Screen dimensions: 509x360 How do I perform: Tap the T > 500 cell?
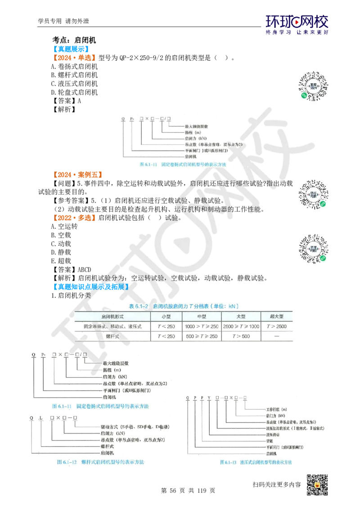pyautogui.click(x=238, y=336)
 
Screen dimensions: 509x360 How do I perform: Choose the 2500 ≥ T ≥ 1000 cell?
pyautogui.click(x=238, y=326)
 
